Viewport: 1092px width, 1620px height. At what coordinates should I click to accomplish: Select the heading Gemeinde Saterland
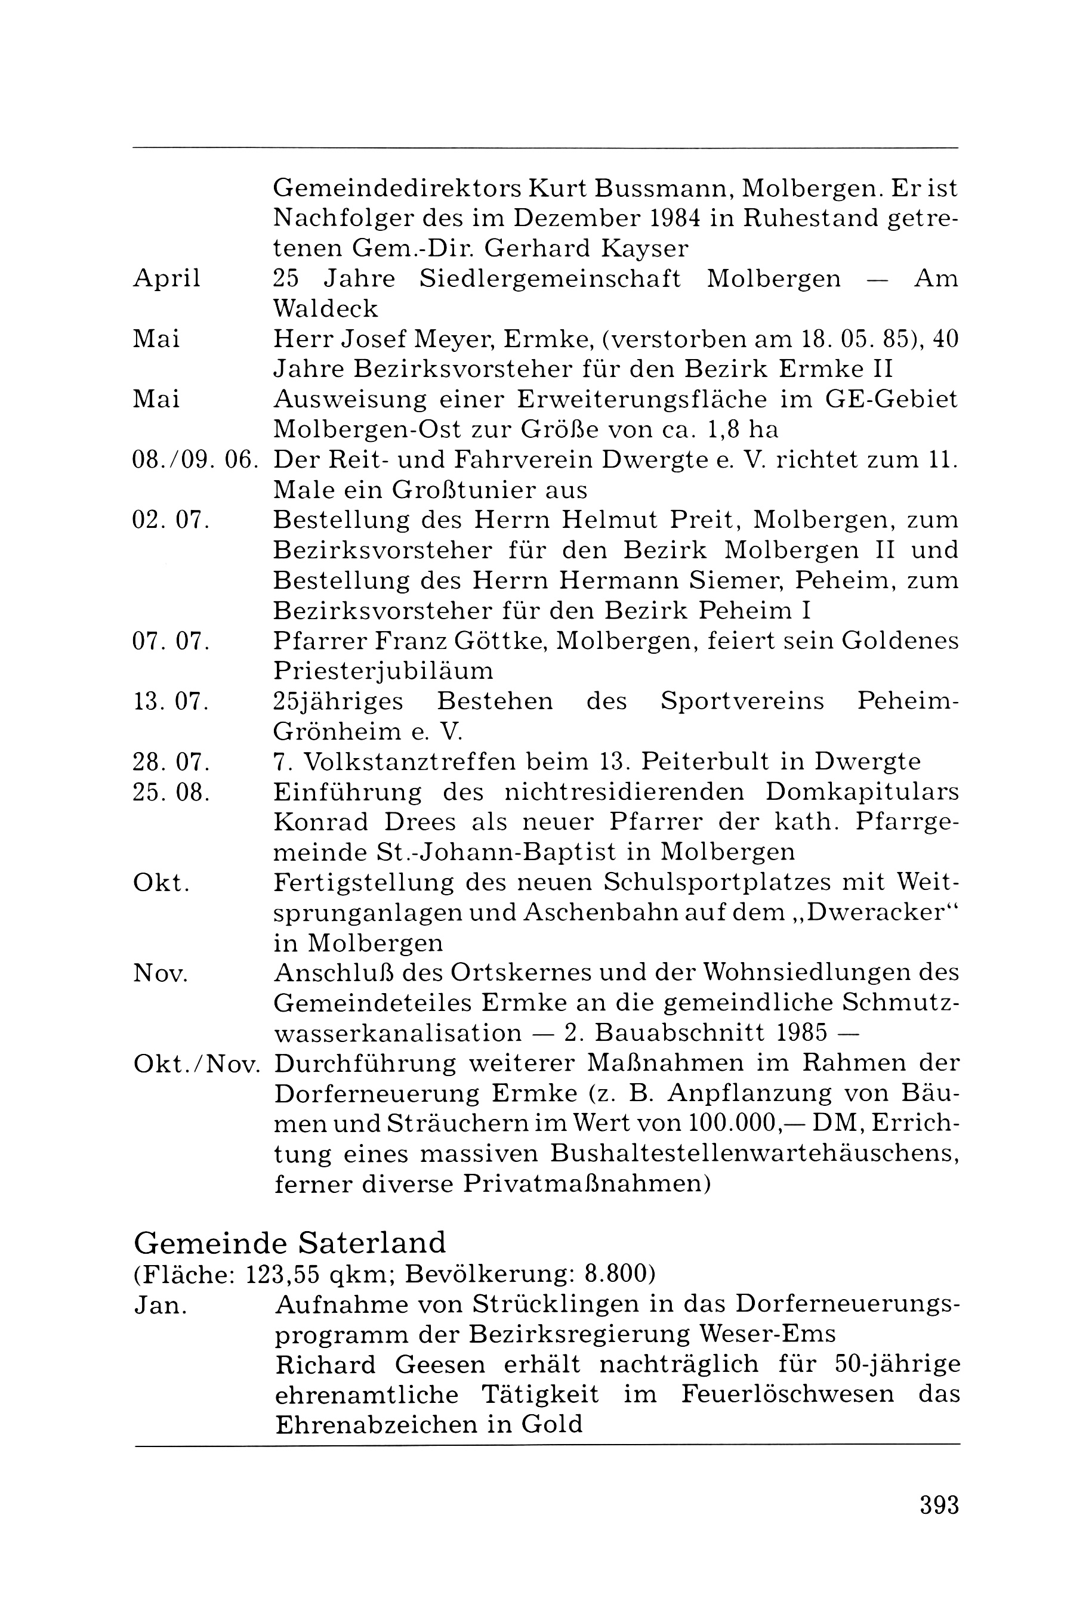click(x=290, y=1242)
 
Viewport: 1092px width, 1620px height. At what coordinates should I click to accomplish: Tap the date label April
click(x=166, y=279)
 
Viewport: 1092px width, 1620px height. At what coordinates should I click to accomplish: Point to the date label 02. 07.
click(x=171, y=520)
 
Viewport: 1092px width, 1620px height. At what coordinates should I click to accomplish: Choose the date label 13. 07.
click(x=171, y=701)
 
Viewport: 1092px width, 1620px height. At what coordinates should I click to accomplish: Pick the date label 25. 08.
click(x=171, y=792)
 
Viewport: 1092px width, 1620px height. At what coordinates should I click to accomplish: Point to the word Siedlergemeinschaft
click(x=550, y=279)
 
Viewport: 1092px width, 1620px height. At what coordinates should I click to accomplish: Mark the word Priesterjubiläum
click(x=383, y=671)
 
